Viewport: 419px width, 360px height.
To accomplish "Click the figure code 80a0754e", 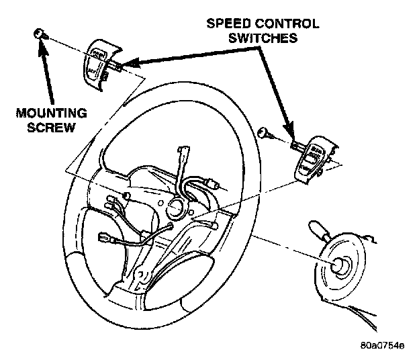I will click(382, 347).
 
